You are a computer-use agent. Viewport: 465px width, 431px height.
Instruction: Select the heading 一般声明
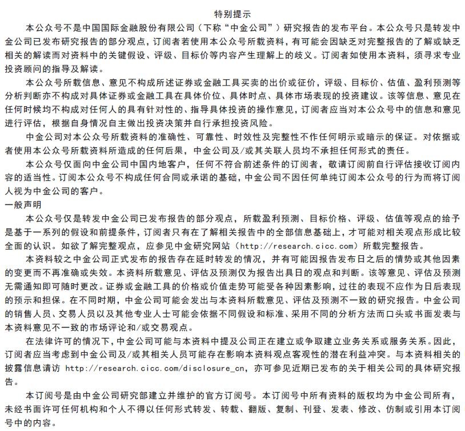(22, 204)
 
